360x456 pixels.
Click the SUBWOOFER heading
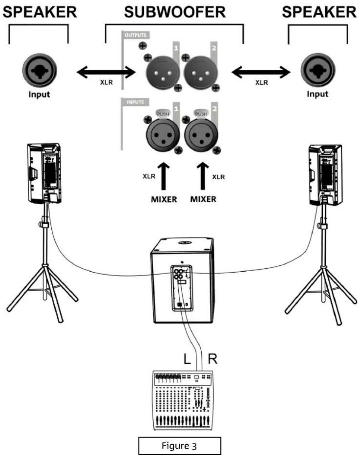click(x=175, y=12)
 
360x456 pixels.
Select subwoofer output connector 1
click(x=162, y=72)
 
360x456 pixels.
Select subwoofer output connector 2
click(x=201, y=72)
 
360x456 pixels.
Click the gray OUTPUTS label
click(x=135, y=35)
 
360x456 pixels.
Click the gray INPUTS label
click(x=135, y=102)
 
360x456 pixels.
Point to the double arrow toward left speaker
click(x=106, y=73)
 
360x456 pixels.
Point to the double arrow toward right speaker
click(x=261, y=73)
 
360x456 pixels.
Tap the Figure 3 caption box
click(x=179, y=446)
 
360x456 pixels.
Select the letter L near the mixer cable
click(x=187, y=359)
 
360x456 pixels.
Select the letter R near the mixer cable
click(x=212, y=359)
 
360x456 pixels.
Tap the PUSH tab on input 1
click(x=163, y=114)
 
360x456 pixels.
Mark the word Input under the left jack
click(x=39, y=94)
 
